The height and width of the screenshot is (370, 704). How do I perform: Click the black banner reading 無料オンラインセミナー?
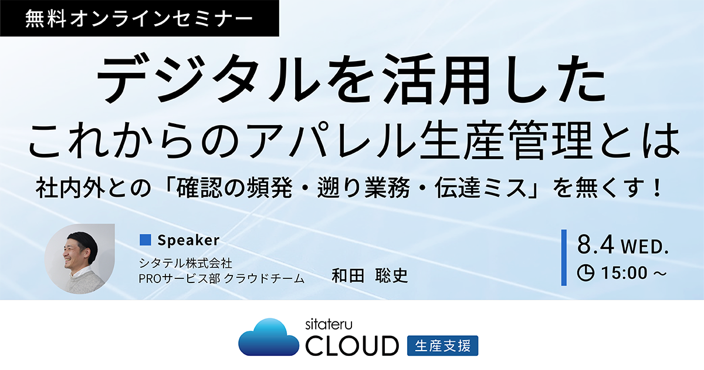pos(139,18)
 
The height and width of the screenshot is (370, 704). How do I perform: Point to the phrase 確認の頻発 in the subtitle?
pos(234,188)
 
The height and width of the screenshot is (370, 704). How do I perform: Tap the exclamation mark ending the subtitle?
pos(657,188)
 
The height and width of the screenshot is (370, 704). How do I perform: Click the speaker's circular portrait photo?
pos(80,259)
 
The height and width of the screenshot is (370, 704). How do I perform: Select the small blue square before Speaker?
pos(145,240)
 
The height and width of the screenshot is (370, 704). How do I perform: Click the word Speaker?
pos(188,240)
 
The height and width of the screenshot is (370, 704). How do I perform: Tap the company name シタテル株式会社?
pos(185,263)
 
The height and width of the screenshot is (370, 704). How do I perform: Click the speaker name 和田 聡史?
pos(370,276)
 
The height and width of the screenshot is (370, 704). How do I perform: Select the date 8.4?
pos(595,245)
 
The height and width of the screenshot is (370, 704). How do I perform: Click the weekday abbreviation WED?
pos(645,247)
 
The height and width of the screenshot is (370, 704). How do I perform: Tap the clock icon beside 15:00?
pos(585,273)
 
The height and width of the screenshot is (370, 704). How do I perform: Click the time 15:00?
pos(624,273)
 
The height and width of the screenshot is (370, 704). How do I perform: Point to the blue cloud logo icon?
pos(269,337)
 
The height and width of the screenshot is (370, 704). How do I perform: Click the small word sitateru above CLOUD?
pos(329,324)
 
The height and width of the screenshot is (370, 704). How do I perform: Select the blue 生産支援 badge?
pos(442,346)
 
